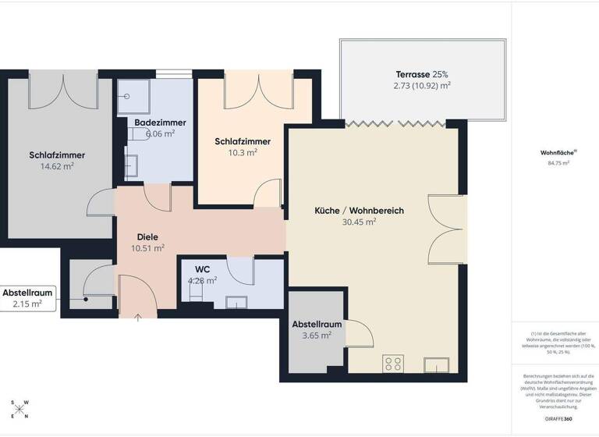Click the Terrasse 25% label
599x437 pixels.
422,74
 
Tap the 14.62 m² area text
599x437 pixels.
57,166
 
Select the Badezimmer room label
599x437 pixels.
160,123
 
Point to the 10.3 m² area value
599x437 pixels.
242,153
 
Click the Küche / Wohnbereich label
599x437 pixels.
359,211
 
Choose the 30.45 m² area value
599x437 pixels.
359,222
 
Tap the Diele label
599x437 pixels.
148,237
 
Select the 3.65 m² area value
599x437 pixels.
317,336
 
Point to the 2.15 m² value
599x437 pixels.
27,304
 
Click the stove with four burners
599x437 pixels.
393,364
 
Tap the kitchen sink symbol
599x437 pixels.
434,364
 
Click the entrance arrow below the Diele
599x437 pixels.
138,317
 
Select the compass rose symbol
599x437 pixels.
20,409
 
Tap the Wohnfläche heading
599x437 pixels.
554,153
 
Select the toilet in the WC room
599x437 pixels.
195,291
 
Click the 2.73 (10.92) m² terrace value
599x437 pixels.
422,86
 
